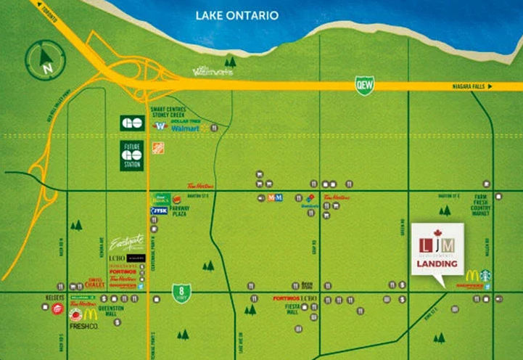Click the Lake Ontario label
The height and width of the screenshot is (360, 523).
236,15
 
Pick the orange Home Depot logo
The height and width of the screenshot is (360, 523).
157,147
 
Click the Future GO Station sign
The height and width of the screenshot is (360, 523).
132,155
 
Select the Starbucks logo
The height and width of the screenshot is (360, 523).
485,277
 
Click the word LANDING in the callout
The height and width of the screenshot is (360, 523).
436,263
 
